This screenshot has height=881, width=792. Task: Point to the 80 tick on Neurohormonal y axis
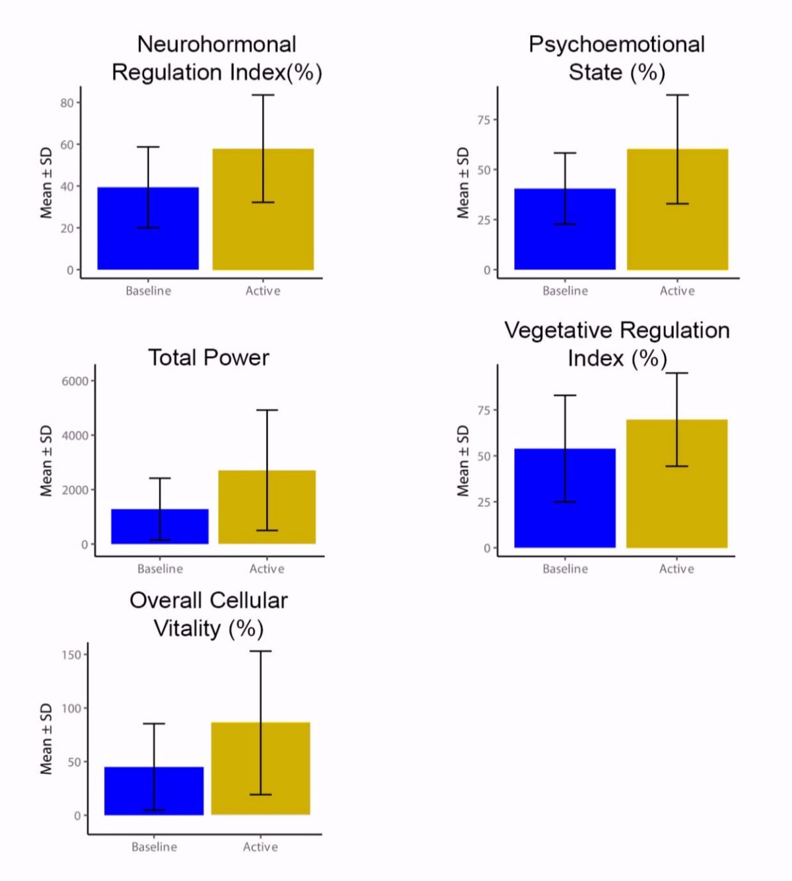tap(67, 103)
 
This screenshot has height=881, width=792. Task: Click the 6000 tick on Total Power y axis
tap(75, 381)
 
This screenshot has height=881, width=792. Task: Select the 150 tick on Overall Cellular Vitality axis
tap(72, 655)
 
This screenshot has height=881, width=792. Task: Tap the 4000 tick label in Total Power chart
tap(75, 436)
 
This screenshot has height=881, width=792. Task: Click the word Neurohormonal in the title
tap(216, 44)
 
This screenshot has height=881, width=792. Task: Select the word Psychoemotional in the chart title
tap(616, 44)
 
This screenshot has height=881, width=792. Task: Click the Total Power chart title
tap(208, 358)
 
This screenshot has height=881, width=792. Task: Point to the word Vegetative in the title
tap(559, 331)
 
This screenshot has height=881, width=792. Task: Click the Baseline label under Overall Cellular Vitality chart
tap(154, 847)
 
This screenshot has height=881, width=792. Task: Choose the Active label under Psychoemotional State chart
tap(677, 291)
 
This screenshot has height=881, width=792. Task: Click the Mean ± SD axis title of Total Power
tap(46, 461)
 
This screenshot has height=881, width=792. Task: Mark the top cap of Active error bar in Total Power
tap(267, 410)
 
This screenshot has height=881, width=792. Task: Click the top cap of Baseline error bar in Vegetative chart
tap(564, 396)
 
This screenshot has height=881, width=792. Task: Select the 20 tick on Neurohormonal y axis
tap(67, 228)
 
